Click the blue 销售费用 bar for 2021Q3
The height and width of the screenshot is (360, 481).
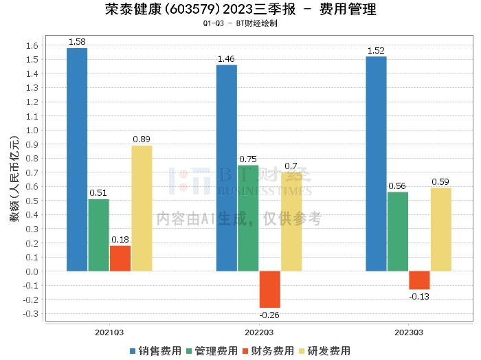77,159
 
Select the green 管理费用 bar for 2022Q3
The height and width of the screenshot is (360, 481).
248,218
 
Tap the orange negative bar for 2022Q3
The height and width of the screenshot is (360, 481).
270,289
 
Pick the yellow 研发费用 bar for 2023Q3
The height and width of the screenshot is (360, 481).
441,229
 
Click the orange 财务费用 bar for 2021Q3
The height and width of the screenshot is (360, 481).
120,258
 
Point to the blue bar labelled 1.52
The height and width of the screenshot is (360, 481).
376,164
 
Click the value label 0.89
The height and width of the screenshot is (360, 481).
142,139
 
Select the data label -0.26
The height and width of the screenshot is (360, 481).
269,315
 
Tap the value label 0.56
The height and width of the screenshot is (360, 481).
397,185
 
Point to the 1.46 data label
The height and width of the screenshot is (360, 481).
226,59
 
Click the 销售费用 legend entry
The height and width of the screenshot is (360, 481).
156,350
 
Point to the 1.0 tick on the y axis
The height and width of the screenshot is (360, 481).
32,131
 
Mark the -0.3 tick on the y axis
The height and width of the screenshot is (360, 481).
30,314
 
